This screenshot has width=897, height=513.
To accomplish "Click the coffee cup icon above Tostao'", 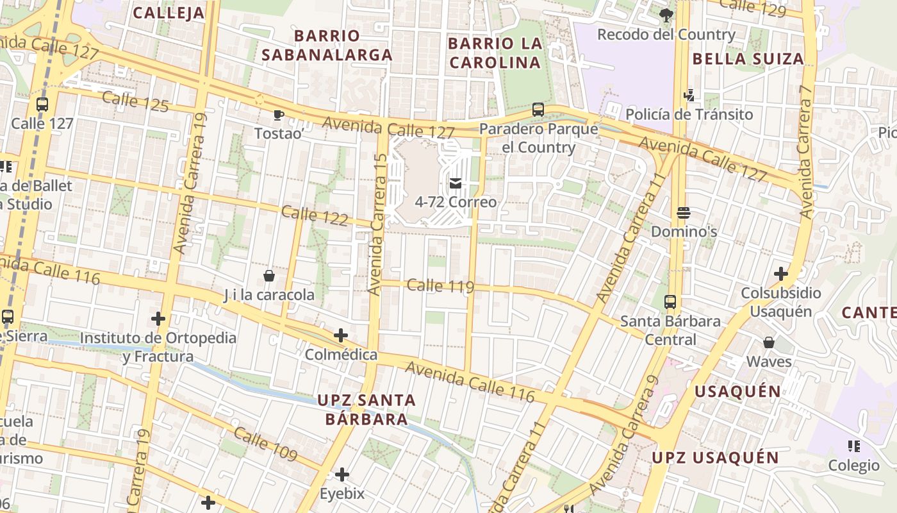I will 278,115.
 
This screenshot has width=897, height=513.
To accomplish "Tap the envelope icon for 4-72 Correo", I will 456,183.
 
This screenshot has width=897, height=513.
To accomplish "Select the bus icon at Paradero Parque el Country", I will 538,110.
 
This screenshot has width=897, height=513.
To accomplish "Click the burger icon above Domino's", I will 684,213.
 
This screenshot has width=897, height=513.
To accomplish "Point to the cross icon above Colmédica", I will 341,335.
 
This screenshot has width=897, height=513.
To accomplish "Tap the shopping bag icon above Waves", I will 769,343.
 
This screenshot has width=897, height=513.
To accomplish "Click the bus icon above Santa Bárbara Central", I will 670,301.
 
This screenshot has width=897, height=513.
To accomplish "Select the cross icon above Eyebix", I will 342,475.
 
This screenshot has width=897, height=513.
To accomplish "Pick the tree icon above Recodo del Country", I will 666,15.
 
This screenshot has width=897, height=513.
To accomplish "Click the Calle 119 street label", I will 440,286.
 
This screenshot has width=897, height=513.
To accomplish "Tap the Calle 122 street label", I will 315,216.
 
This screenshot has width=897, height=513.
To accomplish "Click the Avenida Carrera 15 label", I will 377,224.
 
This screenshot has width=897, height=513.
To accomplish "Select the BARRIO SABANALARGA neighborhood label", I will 327,45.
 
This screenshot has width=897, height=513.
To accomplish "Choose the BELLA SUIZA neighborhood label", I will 748,59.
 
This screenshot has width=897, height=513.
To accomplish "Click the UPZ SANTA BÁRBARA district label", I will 366,410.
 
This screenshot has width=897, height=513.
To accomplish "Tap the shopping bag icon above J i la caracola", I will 269,276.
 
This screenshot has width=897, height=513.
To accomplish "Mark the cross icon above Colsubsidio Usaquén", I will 780,274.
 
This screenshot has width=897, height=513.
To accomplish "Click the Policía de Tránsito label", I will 689,115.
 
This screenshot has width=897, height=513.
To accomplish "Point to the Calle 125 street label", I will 135,102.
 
